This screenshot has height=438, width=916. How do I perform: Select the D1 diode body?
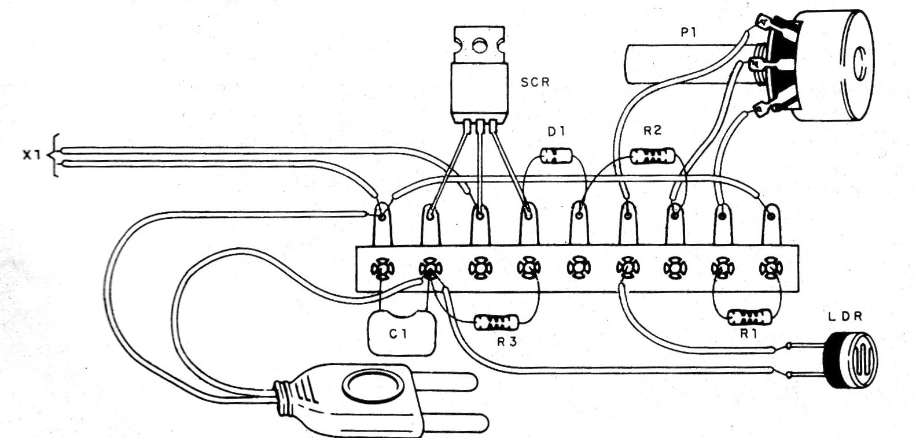(556, 155)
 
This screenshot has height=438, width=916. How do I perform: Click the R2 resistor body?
(652, 154)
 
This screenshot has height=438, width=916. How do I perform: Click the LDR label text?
(852, 317)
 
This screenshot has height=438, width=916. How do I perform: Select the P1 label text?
(689, 34)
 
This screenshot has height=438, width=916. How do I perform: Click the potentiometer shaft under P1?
(683, 65)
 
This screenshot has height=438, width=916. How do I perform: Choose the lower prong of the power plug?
(463, 421)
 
